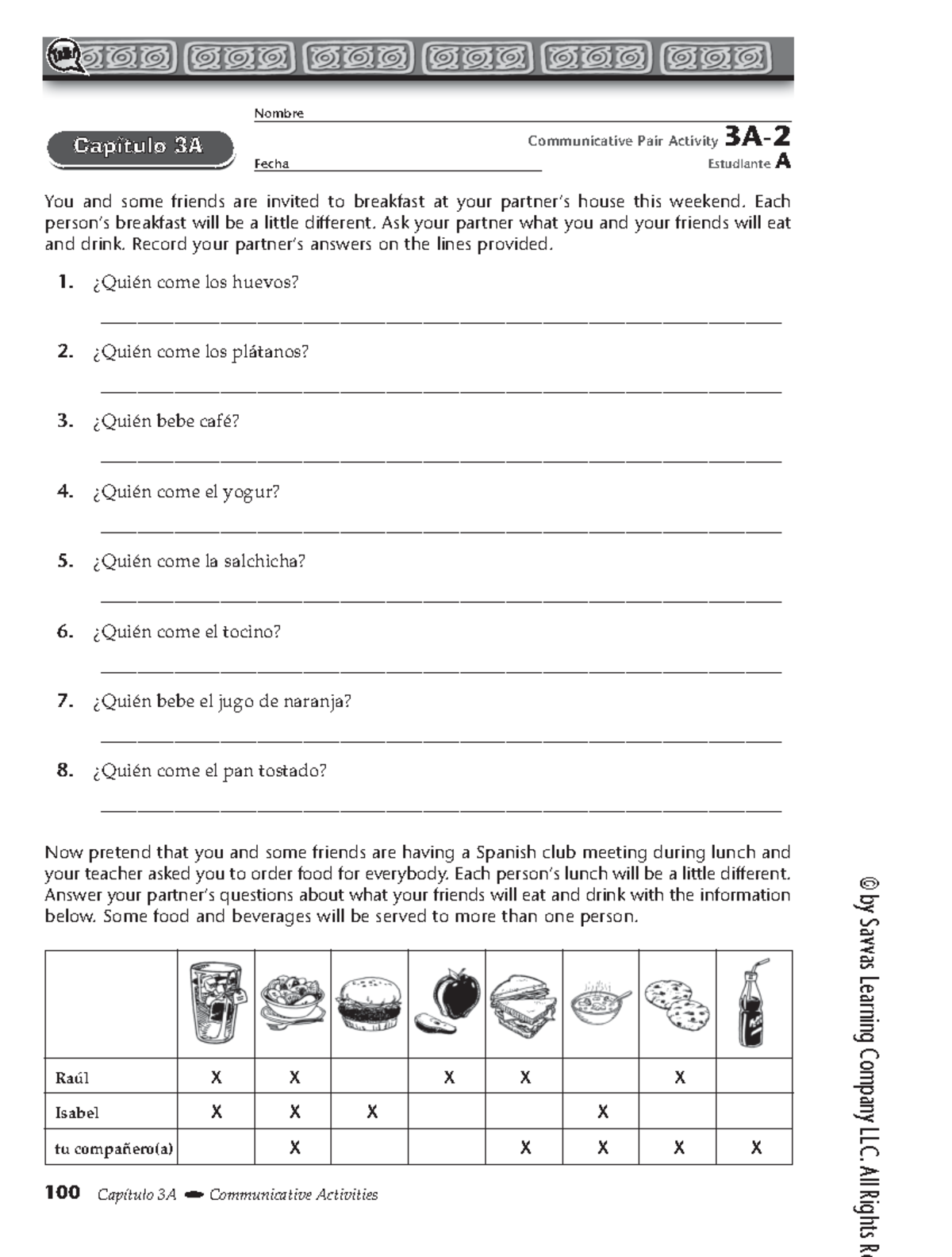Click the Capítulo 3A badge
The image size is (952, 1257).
click(140, 147)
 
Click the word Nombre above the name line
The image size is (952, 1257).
click(278, 113)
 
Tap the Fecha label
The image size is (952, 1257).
click(271, 164)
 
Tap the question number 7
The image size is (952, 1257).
click(65, 701)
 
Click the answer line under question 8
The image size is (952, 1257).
click(441, 809)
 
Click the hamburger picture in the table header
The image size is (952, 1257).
click(369, 1004)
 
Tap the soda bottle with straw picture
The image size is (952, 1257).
click(754, 1004)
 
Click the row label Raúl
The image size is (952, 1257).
click(72, 1078)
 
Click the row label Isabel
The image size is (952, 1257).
click(77, 1113)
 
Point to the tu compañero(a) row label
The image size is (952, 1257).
click(113, 1147)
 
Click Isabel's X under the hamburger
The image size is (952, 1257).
click(371, 1113)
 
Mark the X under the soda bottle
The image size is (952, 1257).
click(755, 1147)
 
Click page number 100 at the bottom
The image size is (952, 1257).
click(63, 1193)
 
